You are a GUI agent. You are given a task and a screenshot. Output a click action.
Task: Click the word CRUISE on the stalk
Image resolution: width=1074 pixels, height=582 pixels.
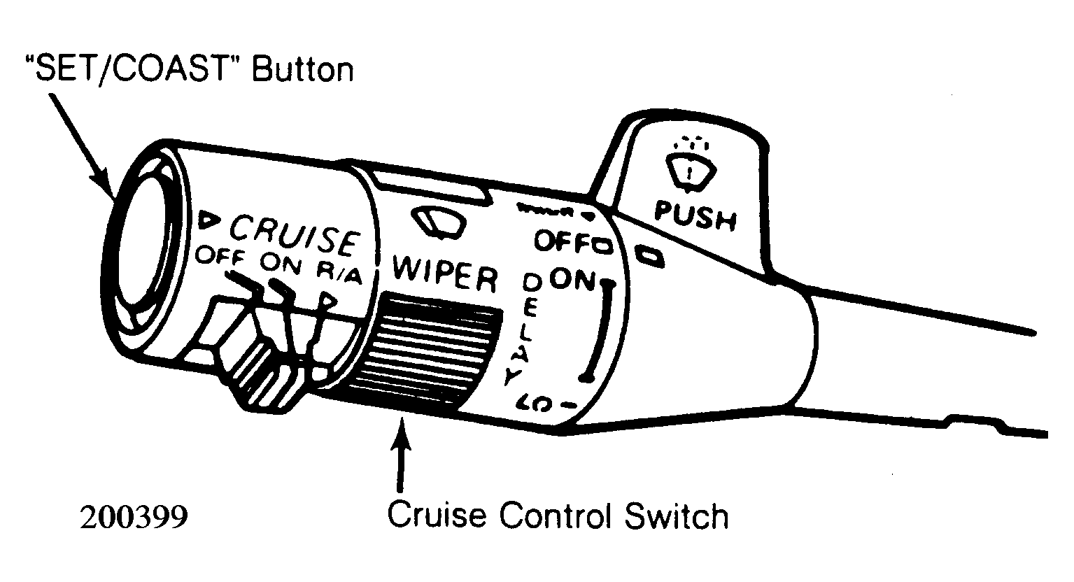click(x=295, y=236)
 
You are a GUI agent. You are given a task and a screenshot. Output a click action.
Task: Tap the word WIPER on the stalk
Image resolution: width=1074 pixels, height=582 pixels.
click(x=445, y=275)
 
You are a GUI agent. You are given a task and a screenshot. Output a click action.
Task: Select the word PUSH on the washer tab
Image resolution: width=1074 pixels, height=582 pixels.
click(x=695, y=216)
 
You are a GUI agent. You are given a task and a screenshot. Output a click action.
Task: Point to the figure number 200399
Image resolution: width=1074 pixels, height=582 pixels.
click(x=134, y=518)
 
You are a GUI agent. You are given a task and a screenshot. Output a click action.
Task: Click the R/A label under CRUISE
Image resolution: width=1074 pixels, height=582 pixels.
click(x=339, y=274)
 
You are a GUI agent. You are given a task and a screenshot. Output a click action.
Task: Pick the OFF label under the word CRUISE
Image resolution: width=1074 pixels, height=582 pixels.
click(x=221, y=257)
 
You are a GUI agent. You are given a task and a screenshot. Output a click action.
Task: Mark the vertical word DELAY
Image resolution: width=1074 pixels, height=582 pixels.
click(x=523, y=331)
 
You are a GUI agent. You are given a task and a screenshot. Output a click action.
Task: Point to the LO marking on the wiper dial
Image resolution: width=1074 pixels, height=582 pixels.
click(x=533, y=403)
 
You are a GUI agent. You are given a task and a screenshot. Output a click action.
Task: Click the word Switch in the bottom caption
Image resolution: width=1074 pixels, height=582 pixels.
click(x=677, y=517)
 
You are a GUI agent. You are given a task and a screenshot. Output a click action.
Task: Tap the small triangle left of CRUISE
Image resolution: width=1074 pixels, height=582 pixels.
click(x=209, y=220)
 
